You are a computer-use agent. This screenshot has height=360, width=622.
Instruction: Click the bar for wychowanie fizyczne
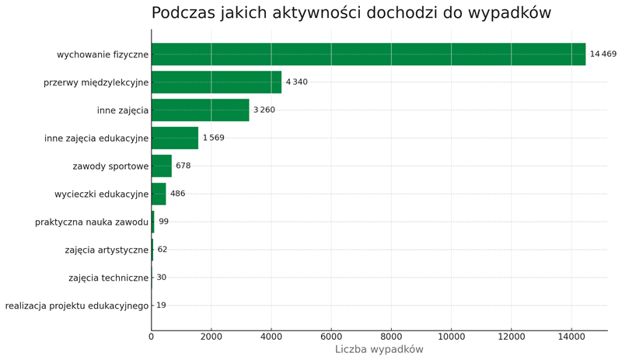[x=368, y=54]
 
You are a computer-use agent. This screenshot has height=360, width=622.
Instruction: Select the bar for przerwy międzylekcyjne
[x=216, y=82]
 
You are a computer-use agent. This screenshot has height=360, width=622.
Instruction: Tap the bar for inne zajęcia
[x=200, y=110]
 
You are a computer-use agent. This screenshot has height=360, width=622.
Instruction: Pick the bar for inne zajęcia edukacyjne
[x=175, y=138]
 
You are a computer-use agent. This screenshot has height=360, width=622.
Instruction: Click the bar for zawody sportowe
[x=162, y=166]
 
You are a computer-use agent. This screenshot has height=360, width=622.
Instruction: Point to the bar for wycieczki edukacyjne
[x=159, y=194]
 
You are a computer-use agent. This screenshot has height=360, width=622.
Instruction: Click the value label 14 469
[x=603, y=54]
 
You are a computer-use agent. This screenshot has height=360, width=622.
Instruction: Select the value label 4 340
[x=296, y=82]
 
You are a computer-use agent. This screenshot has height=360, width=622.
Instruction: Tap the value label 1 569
[x=213, y=138]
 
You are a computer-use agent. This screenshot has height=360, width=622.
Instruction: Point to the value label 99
[x=163, y=222]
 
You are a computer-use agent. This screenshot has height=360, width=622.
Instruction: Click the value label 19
[x=161, y=306]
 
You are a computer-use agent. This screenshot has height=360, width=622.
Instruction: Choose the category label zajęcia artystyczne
[x=107, y=250]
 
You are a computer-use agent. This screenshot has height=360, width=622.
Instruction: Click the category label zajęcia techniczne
[x=108, y=278]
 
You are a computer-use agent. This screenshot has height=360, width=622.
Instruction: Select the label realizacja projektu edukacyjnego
[x=76, y=306]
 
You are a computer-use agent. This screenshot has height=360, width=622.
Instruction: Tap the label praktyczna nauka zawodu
[x=92, y=222]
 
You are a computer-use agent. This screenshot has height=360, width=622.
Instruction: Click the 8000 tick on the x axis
[x=391, y=337]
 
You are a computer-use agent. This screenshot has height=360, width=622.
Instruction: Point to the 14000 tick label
[x=571, y=337]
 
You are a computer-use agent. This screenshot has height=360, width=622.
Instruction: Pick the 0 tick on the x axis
[x=152, y=337]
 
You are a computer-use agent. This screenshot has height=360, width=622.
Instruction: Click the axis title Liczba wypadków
[x=379, y=350]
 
